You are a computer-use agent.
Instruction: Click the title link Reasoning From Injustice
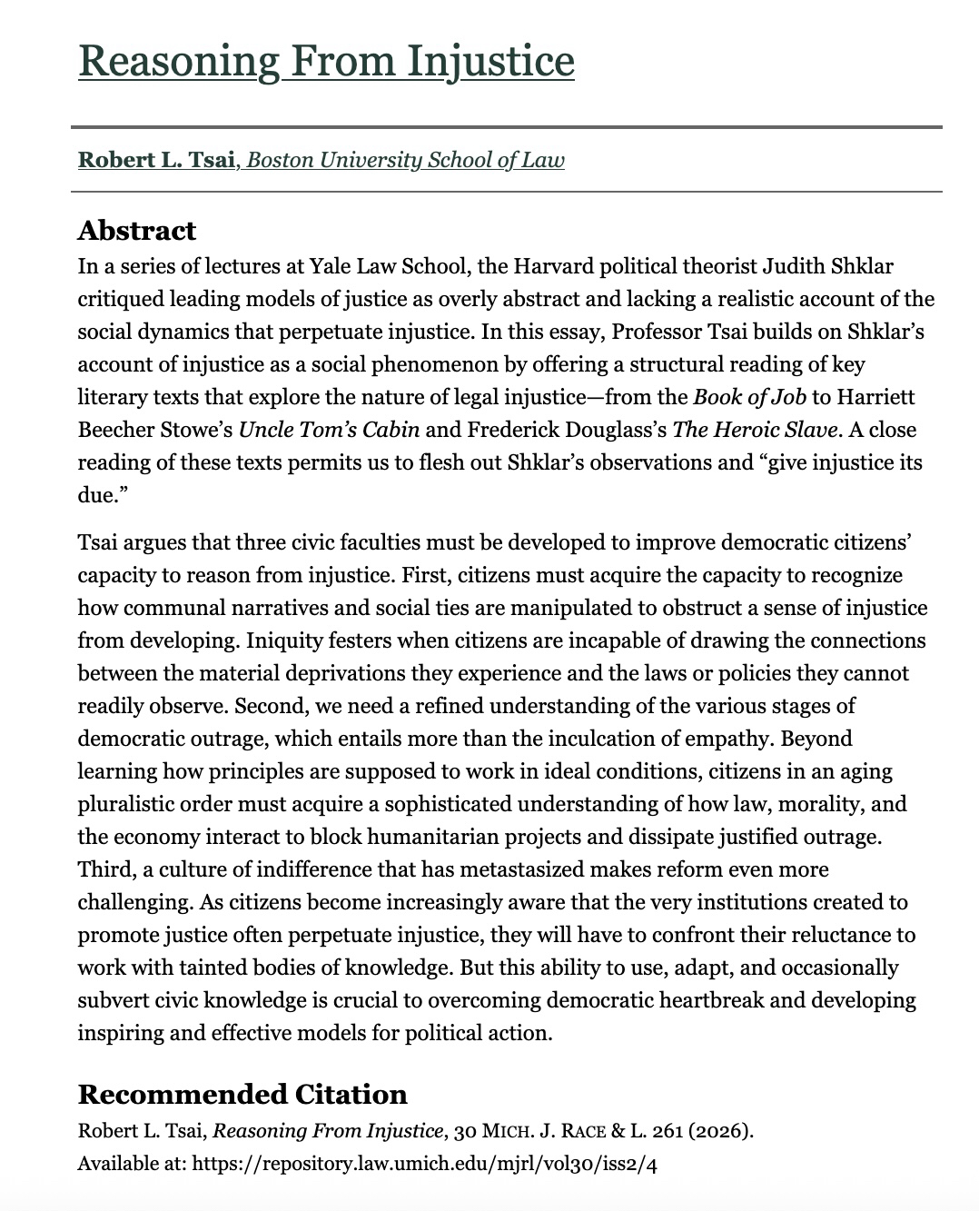click(326, 61)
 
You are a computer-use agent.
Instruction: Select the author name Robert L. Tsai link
click(157, 161)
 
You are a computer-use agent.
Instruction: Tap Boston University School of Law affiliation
click(405, 161)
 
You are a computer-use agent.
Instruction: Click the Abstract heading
click(136, 231)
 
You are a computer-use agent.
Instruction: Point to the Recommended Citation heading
click(242, 1094)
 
